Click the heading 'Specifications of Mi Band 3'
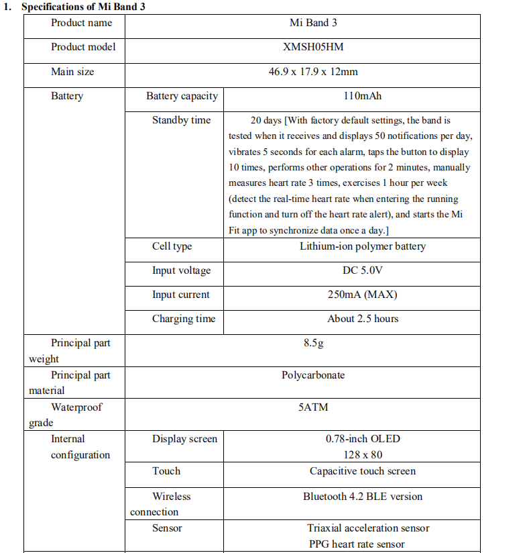84,7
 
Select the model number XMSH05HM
313,47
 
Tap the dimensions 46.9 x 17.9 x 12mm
313,71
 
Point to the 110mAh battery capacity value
362,96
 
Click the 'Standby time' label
181,120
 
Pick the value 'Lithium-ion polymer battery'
362,246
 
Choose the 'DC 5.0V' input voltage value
362,270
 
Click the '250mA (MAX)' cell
362,295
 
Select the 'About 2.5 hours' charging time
362,319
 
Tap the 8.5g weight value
313,343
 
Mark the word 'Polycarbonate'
313,375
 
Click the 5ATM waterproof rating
313,407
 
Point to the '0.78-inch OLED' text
362,439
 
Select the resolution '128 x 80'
362,455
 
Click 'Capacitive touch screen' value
362,471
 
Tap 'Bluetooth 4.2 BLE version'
362,497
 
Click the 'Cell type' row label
172,246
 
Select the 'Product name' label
82,23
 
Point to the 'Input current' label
180,295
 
